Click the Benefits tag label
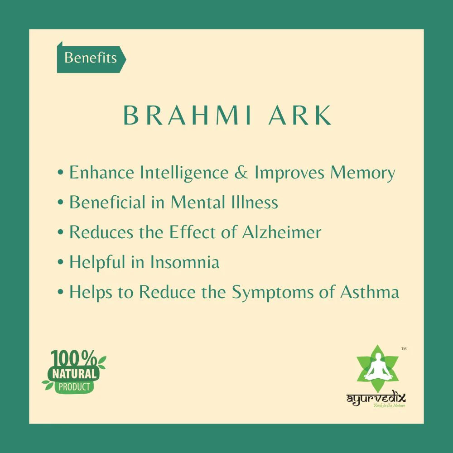(x=91, y=58)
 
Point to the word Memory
(x=362, y=173)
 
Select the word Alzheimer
(x=281, y=232)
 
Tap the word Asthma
(x=370, y=292)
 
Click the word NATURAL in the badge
(x=74, y=374)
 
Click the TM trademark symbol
(x=404, y=349)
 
